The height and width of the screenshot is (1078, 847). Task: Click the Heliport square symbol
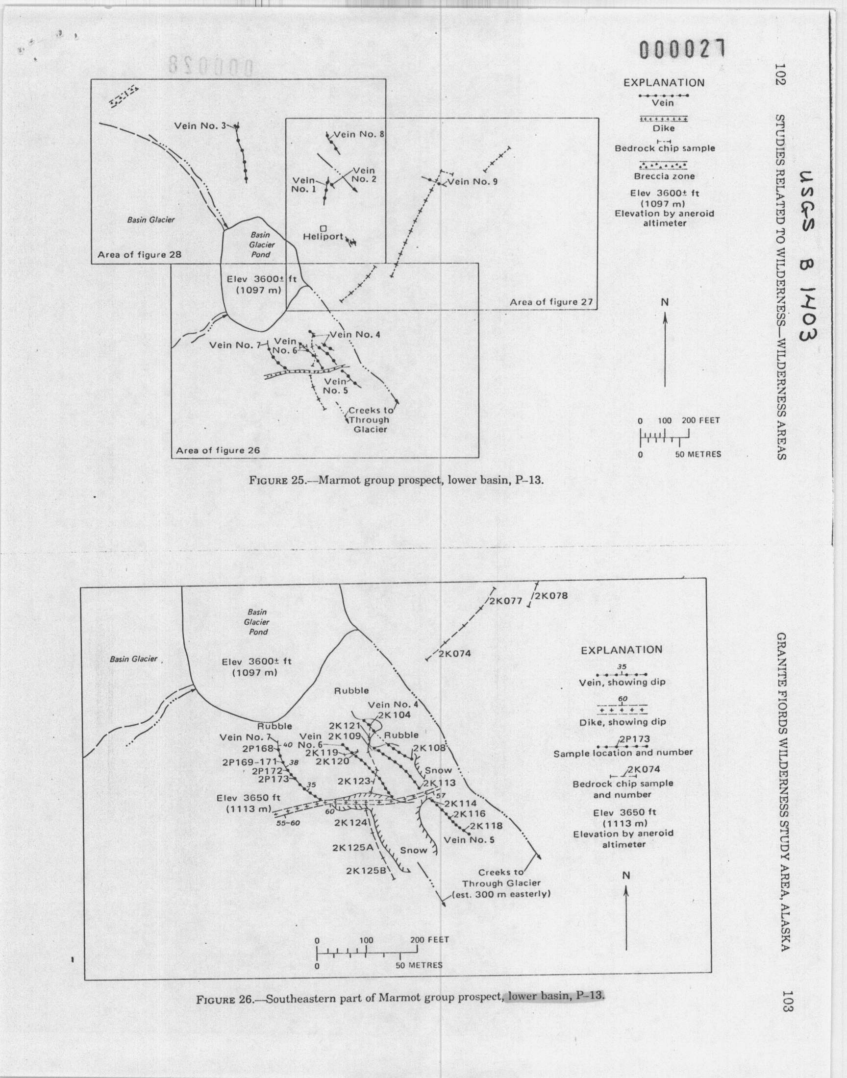(323, 227)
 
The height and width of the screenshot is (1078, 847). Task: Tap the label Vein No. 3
(198, 126)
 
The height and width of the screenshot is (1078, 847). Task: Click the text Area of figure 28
(139, 255)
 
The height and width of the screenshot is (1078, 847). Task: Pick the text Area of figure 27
(551, 302)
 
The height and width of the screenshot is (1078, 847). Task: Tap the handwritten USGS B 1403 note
(808, 257)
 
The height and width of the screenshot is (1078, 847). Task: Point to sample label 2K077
(506, 602)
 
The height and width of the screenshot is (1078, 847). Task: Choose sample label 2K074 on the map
(455, 653)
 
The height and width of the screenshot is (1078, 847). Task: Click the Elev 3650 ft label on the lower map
(249, 799)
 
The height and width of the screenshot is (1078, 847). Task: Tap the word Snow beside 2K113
(438, 770)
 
